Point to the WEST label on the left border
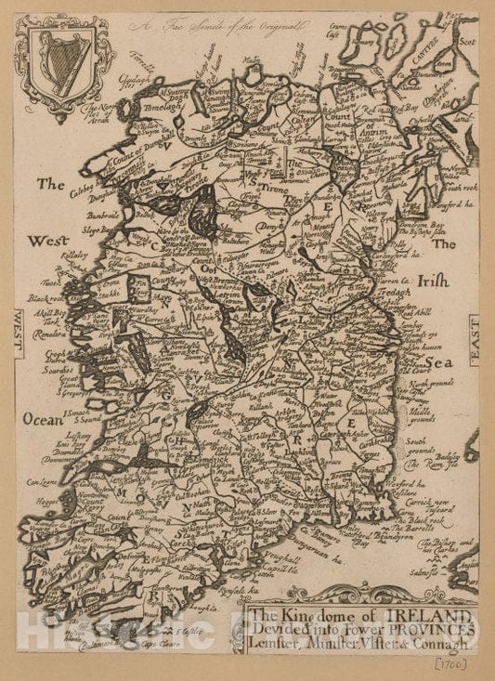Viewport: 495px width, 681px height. pyautogui.click(x=19, y=335)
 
